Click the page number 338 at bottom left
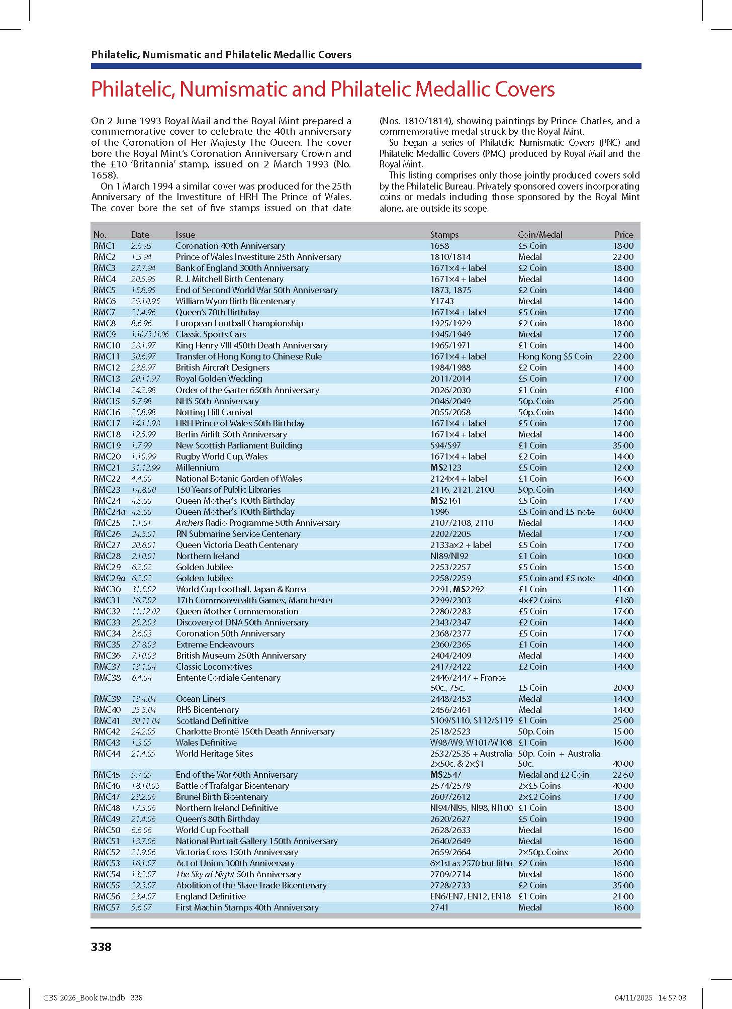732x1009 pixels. [101, 947]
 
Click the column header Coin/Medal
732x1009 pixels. [540, 234]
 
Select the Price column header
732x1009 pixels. [623, 234]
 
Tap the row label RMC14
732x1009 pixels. [107, 390]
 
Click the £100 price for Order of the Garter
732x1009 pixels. [624, 390]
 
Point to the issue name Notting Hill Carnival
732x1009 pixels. [214, 412]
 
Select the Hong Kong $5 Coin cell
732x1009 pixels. [555, 356]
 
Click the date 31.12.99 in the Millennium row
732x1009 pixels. [145, 467]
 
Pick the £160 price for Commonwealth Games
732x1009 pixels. [624, 600]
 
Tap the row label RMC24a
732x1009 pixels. [109, 511]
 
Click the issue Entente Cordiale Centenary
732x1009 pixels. [228, 677]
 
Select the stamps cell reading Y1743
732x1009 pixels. [442, 301]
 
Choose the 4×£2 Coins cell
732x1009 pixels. [539, 600]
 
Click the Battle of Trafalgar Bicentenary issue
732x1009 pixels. [232, 785]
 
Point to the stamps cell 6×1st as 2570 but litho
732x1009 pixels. [471, 863]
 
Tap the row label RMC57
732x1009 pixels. [107, 907]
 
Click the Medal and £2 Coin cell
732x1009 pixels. [553, 774]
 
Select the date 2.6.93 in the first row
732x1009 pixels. [141, 246]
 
